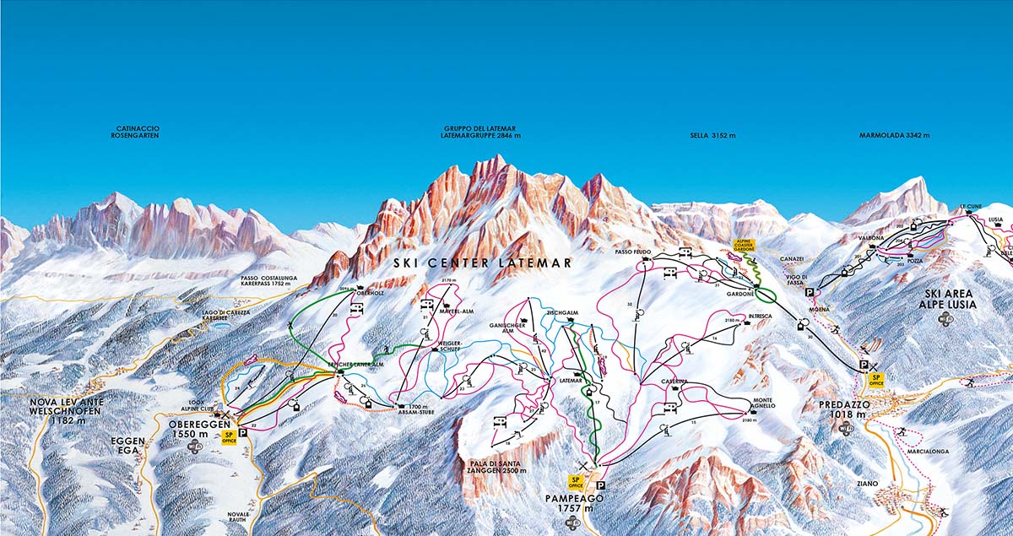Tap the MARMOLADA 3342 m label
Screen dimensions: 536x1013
pos(894,135)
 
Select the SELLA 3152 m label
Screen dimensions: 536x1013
pos(712,135)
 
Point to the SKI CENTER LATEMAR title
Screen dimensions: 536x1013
pos(483,263)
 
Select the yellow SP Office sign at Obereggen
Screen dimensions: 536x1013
pos(228,437)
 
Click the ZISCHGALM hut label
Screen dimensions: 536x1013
pos(561,312)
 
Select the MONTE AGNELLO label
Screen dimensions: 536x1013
pos(763,403)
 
